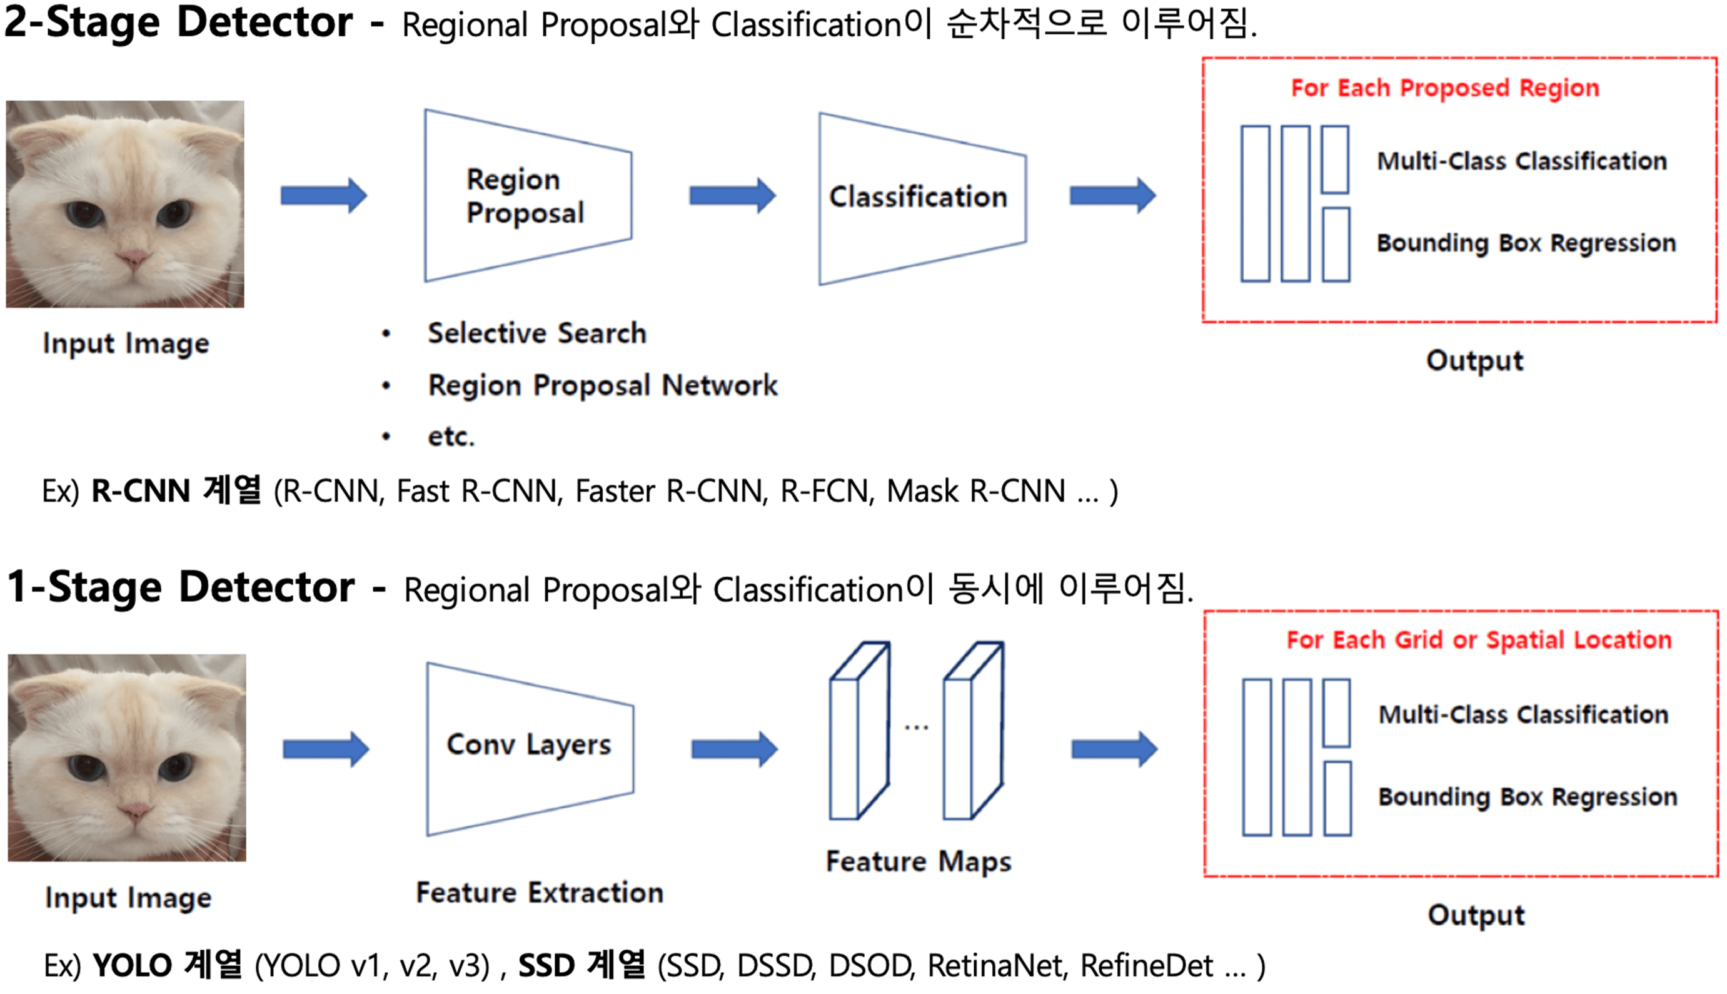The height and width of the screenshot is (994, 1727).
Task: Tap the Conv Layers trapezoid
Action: pyautogui.click(x=529, y=749)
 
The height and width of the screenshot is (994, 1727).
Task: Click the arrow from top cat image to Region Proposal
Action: pyautogui.click(x=323, y=196)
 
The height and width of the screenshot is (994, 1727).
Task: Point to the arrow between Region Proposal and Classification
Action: pyautogui.click(x=732, y=196)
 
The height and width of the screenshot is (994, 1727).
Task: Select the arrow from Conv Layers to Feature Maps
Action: pyautogui.click(x=733, y=749)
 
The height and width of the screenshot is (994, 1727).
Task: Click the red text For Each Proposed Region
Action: pyautogui.click(x=1444, y=88)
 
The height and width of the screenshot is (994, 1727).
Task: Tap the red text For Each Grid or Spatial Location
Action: pyautogui.click(x=1479, y=640)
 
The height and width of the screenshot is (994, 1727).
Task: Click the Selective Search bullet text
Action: pyautogui.click(x=536, y=333)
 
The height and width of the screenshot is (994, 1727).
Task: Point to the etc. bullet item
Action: pyautogui.click(x=450, y=436)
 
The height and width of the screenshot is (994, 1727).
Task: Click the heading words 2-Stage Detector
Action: pyautogui.click(x=179, y=23)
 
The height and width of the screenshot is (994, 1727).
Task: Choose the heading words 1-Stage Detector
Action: pyautogui.click(x=181, y=588)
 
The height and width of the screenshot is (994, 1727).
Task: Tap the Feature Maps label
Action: pyautogui.click(x=918, y=861)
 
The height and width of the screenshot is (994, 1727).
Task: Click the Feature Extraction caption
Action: pyautogui.click(x=539, y=893)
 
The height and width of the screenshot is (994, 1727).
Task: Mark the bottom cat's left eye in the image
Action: pyautogui.click(x=87, y=768)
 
